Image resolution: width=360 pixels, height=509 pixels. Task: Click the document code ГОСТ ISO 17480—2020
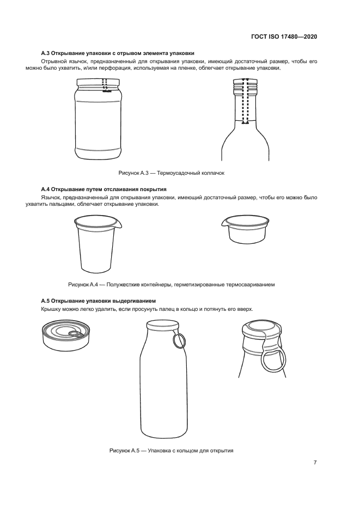pyautogui.click(x=284, y=36)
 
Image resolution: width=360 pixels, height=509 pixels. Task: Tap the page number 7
pyautogui.click(x=315, y=463)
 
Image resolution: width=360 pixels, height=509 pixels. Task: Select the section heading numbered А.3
pyautogui.click(x=118, y=53)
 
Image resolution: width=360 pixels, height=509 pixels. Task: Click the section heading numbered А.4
pyautogui.click(x=103, y=189)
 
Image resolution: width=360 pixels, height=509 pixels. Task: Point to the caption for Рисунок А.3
pyautogui.click(x=172, y=173)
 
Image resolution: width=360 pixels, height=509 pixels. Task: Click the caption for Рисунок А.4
pyautogui.click(x=172, y=285)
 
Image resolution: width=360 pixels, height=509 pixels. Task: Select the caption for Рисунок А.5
pyautogui.click(x=172, y=451)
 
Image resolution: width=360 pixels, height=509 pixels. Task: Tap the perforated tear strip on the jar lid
pyautogui.click(x=105, y=85)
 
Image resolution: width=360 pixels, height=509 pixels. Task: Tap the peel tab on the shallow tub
pyautogui.click(x=224, y=223)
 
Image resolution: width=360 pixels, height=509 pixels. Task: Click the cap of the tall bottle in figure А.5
pyautogui.click(x=163, y=324)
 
